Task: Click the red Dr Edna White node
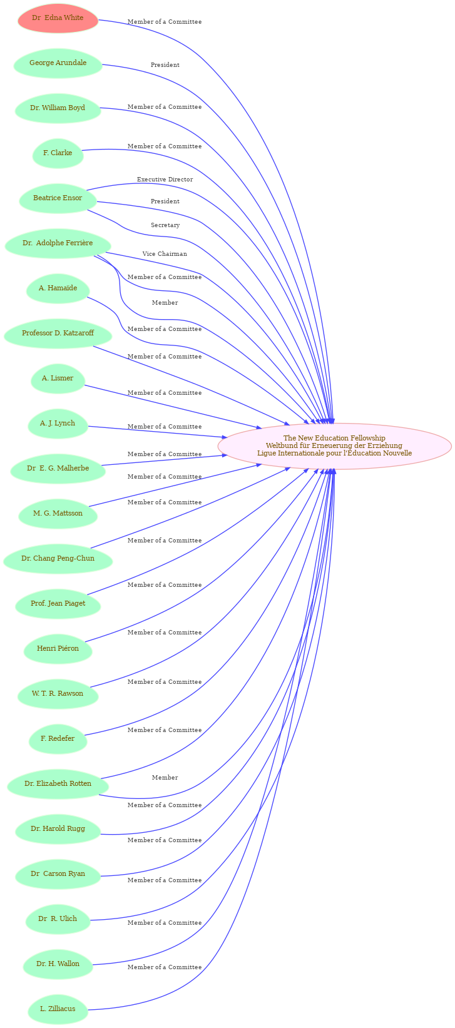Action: (x=58, y=18)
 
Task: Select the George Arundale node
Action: (x=58, y=63)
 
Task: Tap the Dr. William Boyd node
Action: (x=58, y=108)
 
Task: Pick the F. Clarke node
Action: (x=58, y=153)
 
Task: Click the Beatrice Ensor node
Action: (x=58, y=198)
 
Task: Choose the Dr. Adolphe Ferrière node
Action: (x=58, y=243)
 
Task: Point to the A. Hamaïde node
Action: (x=58, y=288)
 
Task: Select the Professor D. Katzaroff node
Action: (x=58, y=333)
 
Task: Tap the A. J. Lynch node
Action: (x=58, y=423)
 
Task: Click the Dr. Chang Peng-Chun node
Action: (x=58, y=559)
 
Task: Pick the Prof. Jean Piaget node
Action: (x=58, y=604)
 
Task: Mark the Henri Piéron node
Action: (x=58, y=648)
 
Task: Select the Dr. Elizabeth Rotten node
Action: (x=58, y=783)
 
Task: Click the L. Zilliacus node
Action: (x=58, y=1009)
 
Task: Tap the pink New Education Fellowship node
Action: (x=334, y=446)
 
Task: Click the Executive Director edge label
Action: (x=165, y=180)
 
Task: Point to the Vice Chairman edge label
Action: (x=165, y=254)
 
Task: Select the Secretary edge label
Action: (x=165, y=225)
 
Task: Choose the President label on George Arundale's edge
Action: (x=165, y=65)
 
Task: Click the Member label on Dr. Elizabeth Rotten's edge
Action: (x=165, y=778)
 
